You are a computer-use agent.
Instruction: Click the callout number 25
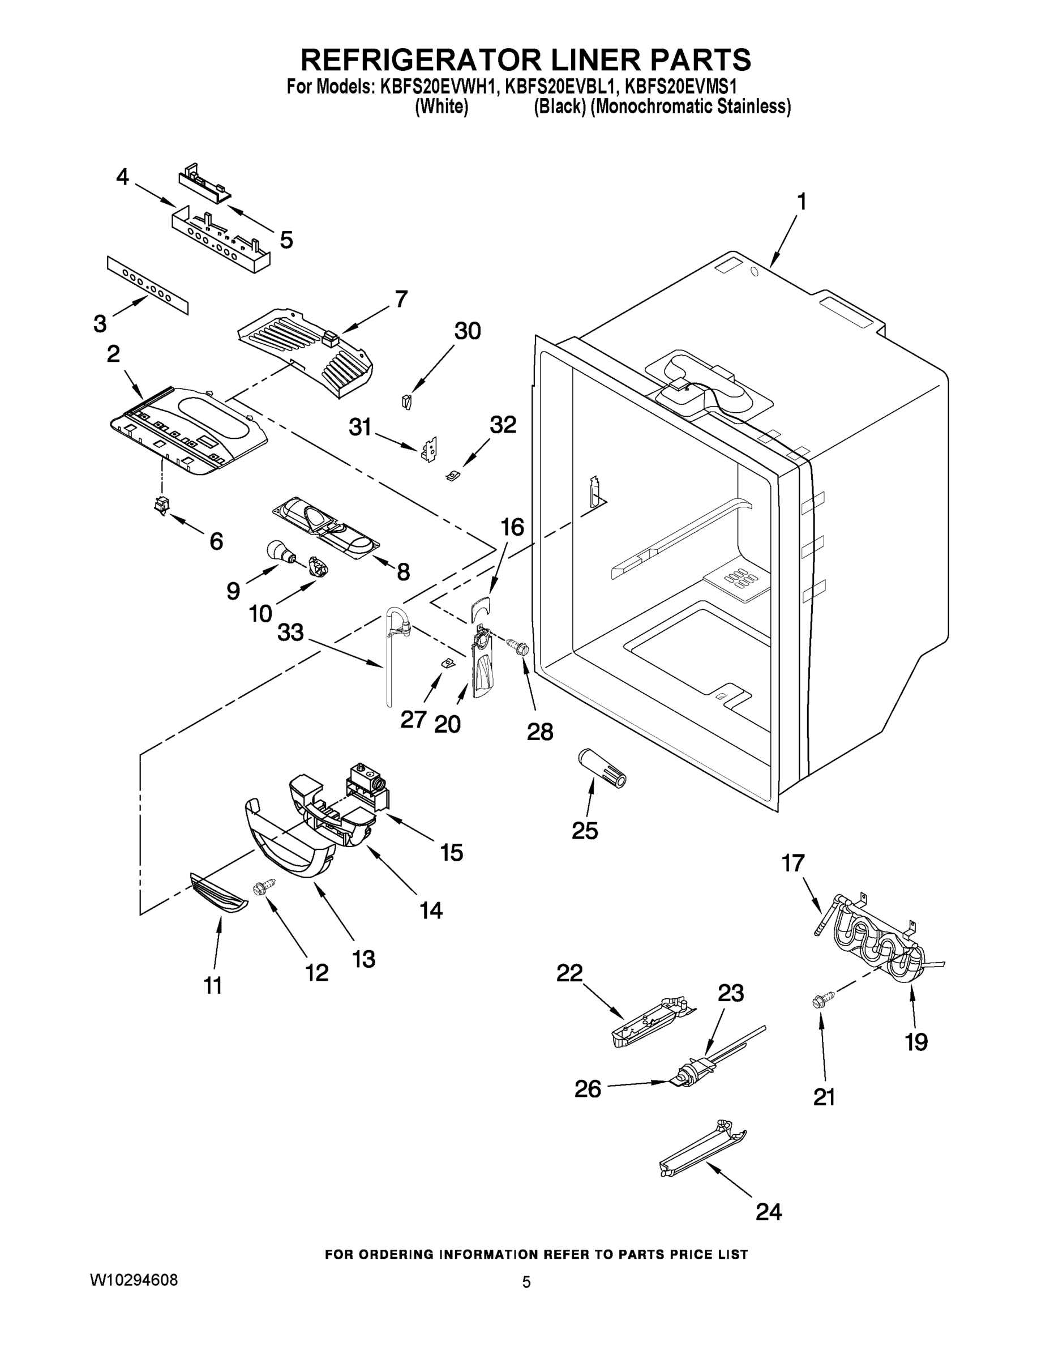pyautogui.click(x=585, y=830)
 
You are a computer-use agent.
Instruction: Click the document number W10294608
pyautogui.click(x=134, y=1280)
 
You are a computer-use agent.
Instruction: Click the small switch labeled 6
pyautogui.click(x=162, y=506)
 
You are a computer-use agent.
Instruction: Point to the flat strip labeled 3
pyautogui.click(x=147, y=284)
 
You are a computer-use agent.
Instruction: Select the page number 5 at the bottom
pyautogui.click(x=526, y=1282)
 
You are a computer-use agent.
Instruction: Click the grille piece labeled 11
pyautogui.click(x=218, y=894)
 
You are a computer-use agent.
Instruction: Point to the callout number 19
pyautogui.click(x=916, y=1041)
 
